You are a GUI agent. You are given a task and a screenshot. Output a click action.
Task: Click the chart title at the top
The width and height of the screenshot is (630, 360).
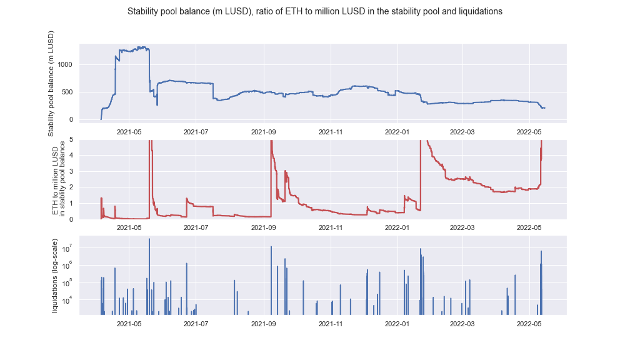(315, 11)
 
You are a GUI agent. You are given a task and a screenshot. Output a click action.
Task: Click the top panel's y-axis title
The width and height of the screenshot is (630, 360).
(51, 83)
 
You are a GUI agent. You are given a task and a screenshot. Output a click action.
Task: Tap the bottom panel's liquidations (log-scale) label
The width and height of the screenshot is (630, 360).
(55, 276)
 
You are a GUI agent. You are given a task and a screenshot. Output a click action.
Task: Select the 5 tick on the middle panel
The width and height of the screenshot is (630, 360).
(72, 139)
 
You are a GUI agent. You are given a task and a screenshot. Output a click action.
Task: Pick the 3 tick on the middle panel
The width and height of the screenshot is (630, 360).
(72, 171)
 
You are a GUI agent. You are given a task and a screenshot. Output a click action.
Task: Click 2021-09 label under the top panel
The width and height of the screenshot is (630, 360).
(263, 132)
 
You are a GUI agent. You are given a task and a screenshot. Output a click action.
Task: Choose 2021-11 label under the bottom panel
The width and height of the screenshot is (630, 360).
(330, 324)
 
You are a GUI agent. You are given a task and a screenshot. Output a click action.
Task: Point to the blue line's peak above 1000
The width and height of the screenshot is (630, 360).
(144, 47)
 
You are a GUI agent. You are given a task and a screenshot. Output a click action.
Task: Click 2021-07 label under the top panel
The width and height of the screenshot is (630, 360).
(196, 132)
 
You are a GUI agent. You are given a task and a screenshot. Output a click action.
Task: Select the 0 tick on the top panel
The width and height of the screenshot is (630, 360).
(71, 119)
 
